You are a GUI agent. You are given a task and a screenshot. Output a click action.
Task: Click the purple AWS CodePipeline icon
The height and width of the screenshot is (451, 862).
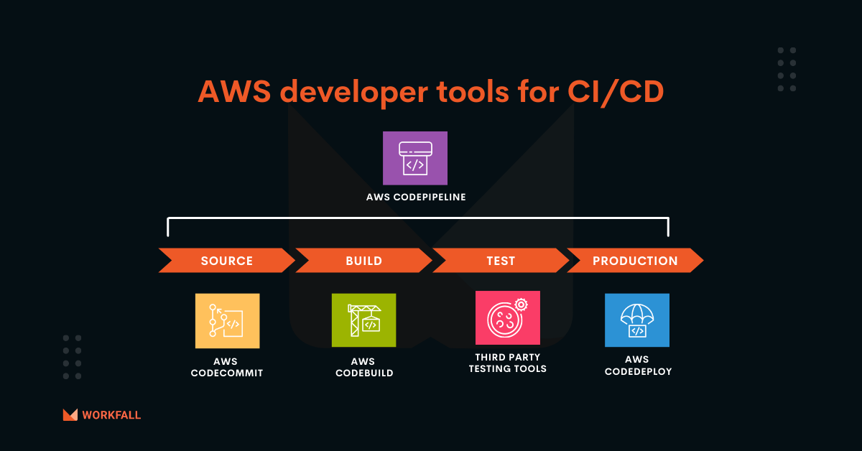pos(415,158)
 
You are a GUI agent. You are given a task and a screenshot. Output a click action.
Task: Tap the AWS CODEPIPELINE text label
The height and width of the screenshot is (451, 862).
pos(415,196)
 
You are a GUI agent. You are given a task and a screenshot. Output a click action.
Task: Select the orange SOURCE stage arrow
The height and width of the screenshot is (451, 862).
pos(227,261)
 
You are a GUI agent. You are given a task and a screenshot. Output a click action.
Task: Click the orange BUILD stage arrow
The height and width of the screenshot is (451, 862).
pos(363,261)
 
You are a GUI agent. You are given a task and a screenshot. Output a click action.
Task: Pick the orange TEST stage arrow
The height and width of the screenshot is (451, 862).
pos(500,261)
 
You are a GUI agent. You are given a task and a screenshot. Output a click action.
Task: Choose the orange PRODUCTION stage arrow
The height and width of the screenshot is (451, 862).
pos(635,261)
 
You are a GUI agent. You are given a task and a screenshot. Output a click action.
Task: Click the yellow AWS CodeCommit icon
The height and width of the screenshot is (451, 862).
pos(227,321)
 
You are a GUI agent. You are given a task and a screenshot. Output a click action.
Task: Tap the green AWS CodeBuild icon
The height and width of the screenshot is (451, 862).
pos(363,321)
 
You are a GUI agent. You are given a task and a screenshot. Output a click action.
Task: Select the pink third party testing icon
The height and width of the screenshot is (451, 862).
pos(507,318)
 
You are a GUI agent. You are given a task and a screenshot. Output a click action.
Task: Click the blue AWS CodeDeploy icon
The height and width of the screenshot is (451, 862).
pos(636,320)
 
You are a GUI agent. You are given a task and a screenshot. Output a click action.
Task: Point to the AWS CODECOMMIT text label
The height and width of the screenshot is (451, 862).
pos(227,367)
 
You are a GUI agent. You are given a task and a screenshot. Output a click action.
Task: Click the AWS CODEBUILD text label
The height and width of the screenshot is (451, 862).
pos(364,367)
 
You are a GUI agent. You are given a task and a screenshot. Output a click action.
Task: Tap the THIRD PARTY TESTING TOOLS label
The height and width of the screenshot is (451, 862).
pos(507,363)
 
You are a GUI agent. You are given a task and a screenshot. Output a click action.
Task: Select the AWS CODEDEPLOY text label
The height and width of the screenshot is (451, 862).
pos(637,366)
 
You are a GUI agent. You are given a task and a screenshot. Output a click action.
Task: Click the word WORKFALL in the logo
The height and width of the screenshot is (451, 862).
pos(111,415)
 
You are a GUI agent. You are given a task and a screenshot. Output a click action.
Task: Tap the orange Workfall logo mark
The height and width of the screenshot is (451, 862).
pos(70,414)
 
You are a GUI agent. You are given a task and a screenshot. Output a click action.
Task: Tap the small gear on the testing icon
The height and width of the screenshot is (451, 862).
pos(522,304)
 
